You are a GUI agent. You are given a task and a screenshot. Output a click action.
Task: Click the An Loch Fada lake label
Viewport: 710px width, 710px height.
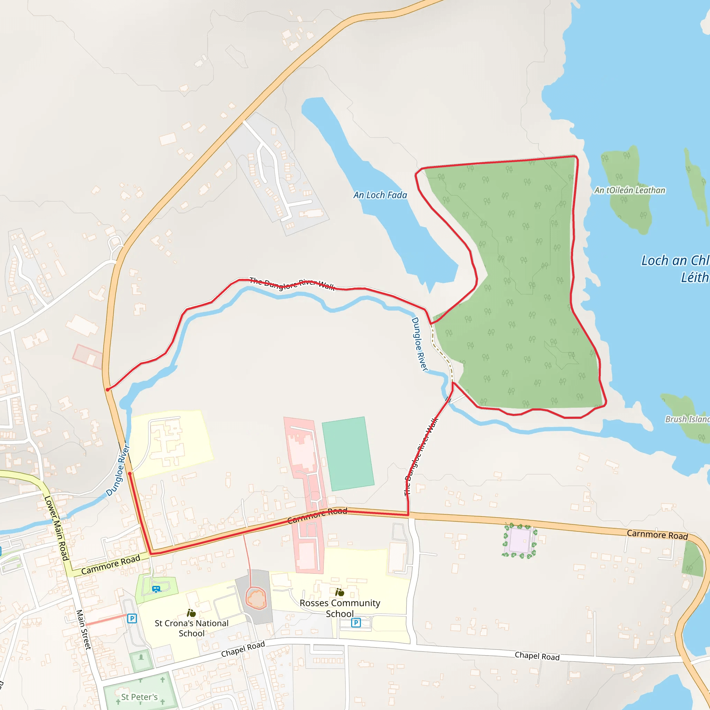click(x=380, y=195)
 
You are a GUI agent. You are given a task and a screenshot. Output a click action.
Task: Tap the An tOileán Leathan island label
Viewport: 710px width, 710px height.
click(x=630, y=190)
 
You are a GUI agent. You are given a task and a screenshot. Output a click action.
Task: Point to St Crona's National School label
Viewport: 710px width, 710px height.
click(x=191, y=628)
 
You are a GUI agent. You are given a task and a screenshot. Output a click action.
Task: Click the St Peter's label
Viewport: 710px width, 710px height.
click(x=139, y=697)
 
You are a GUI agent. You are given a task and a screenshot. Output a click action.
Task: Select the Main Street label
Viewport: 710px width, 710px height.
click(x=84, y=630)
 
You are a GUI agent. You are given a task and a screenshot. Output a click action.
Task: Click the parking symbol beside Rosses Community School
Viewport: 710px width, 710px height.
click(x=356, y=623)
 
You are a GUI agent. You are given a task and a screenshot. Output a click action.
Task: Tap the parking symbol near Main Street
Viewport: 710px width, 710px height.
click(x=132, y=618)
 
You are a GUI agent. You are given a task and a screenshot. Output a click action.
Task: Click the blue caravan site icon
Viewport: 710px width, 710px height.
click(x=156, y=589)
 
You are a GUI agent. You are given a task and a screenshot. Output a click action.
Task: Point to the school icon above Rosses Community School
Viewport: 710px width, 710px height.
click(x=339, y=592)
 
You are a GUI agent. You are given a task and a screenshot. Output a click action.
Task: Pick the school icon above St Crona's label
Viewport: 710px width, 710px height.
click(x=191, y=613)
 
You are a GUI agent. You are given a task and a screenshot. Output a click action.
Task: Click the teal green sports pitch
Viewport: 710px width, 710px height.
click(x=348, y=453)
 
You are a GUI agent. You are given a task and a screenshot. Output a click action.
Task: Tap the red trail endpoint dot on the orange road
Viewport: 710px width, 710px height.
click(x=107, y=390)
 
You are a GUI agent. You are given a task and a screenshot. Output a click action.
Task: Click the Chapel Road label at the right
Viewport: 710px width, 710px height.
click(x=537, y=656)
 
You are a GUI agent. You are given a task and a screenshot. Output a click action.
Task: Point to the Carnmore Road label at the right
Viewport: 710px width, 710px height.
click(x=657, y=535)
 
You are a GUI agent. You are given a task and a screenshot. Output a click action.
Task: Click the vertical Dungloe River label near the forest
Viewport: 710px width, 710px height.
click(x=419, y=344)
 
